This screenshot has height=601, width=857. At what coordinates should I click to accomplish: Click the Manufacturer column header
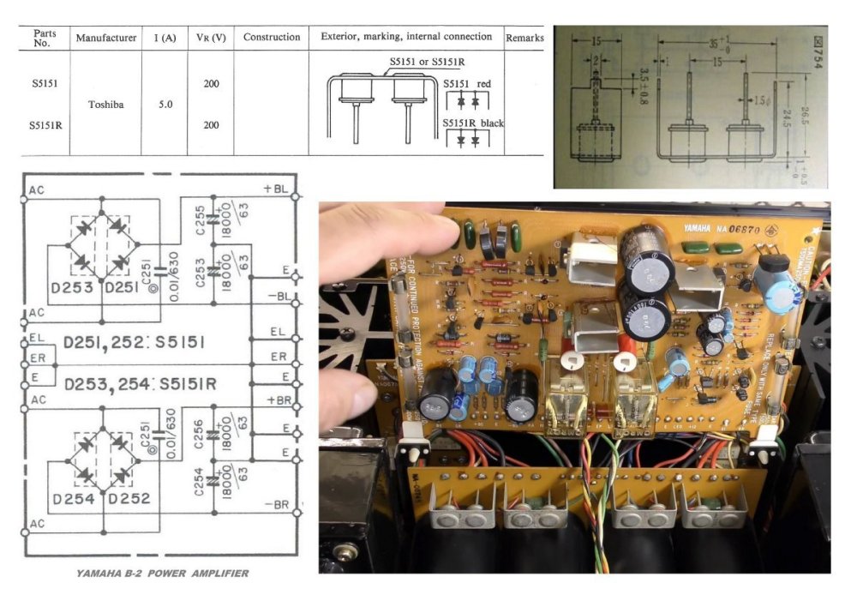pos(106,38)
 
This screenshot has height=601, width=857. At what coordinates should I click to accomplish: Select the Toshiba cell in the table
pos(106,104)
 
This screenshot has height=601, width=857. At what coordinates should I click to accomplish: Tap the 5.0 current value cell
pos(165,104)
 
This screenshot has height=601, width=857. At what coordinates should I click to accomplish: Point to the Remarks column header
pos(524,38)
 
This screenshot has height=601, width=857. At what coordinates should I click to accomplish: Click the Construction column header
pos(272,38)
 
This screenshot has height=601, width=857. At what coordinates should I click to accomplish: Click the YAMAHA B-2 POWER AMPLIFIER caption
pos(162,573)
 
